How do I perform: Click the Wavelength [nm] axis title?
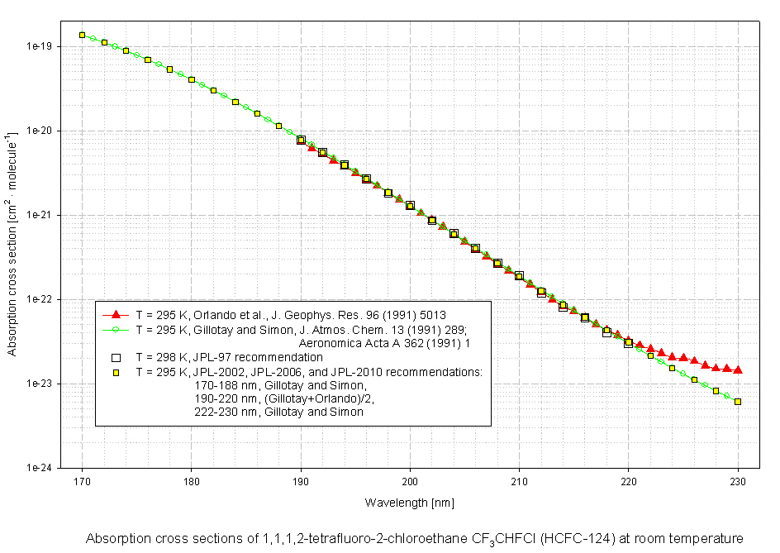pos(410,503)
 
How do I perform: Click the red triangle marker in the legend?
pos(117,314)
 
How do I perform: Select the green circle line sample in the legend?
pos(117,328)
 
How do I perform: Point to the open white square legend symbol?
pos(117,357)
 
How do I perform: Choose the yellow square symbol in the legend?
pos(117,371)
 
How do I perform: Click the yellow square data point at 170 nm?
pos(82,35)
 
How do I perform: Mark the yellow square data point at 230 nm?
pos(738,402)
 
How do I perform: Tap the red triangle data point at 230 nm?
pos(738,369)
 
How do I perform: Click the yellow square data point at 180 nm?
pos(192,79)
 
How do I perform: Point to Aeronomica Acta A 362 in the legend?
pos(351,342)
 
